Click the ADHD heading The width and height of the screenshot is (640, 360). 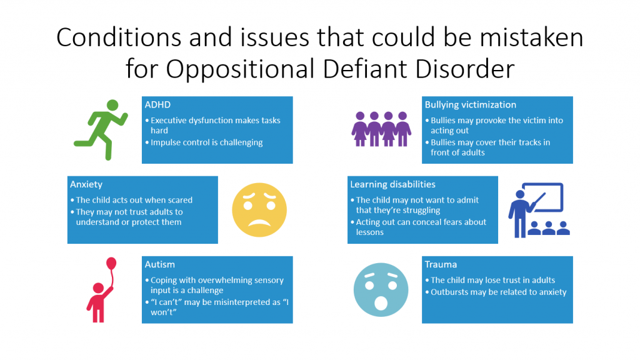coord(157,105)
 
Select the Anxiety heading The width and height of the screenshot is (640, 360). coord(86,185)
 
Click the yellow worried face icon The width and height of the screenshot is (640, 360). coord(259,209)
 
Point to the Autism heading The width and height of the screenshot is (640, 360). coord(159,265)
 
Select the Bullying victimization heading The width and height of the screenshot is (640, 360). coord(470,105)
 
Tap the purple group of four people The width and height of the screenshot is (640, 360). coord(381,128)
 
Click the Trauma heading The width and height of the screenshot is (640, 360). coord(440,265)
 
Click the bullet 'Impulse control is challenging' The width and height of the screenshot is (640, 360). coord(206,142)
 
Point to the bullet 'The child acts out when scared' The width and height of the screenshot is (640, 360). coord(134,200)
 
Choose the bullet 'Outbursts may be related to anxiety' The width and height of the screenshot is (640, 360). coord(498,292)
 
